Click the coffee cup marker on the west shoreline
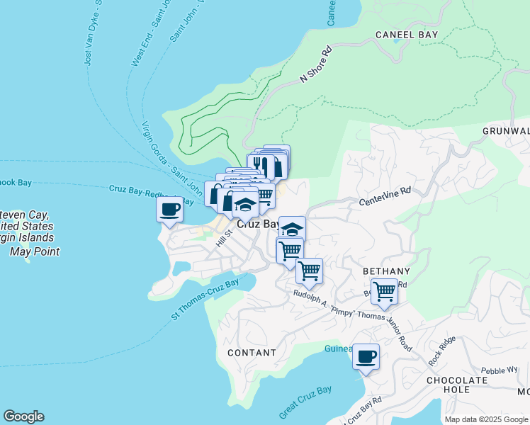click(x=170, y=210)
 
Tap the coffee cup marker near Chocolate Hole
click(x=366, y=357)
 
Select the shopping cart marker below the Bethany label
click(x=384, y=291)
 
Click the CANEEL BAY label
click(x=407, y=34)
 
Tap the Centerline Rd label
click(x=385, y=191)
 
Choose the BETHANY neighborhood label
click(x=386, y=271)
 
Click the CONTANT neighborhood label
click(x=252, y=352)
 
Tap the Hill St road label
click(x=224, y=237)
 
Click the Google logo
click(x=23, y=416)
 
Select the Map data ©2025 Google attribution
click(x=485, y=419)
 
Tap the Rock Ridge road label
click(x=442, y=351)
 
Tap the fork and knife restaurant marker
click(x=259, y=165)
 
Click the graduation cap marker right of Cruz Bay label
click(x=291, y=228)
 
